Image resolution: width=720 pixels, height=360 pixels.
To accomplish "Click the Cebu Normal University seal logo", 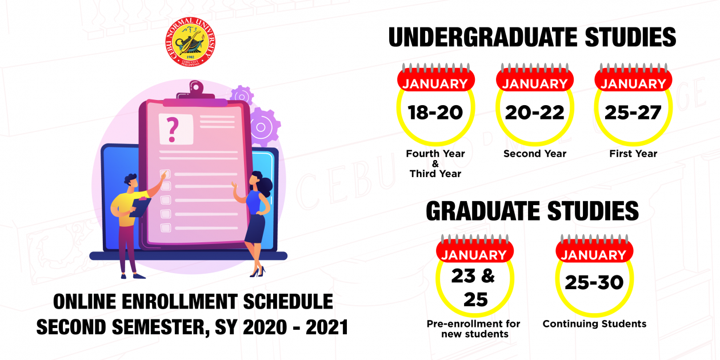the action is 190,42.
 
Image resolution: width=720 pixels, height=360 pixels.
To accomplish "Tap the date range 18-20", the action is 435,113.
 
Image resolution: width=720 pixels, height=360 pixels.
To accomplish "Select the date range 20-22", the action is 534,113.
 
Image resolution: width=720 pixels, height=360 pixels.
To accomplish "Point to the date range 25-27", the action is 633,113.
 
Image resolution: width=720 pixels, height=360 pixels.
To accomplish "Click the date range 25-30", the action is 594,283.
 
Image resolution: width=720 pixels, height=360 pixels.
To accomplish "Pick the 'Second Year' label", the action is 535,154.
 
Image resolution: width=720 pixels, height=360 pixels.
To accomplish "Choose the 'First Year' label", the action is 633,154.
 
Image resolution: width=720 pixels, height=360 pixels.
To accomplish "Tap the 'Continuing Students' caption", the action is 594,323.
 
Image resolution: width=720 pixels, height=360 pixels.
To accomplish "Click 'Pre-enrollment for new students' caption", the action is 474,329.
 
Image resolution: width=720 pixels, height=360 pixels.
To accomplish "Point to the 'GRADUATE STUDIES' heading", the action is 533,211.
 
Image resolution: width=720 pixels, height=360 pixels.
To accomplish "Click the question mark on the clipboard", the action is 173,130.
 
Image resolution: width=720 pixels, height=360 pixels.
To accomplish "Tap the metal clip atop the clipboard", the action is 196,91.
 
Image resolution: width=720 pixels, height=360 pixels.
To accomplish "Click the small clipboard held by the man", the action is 140,207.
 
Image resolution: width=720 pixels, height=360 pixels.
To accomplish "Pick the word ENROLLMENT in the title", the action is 179,302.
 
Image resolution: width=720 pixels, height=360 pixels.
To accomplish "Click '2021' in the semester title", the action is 327,327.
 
